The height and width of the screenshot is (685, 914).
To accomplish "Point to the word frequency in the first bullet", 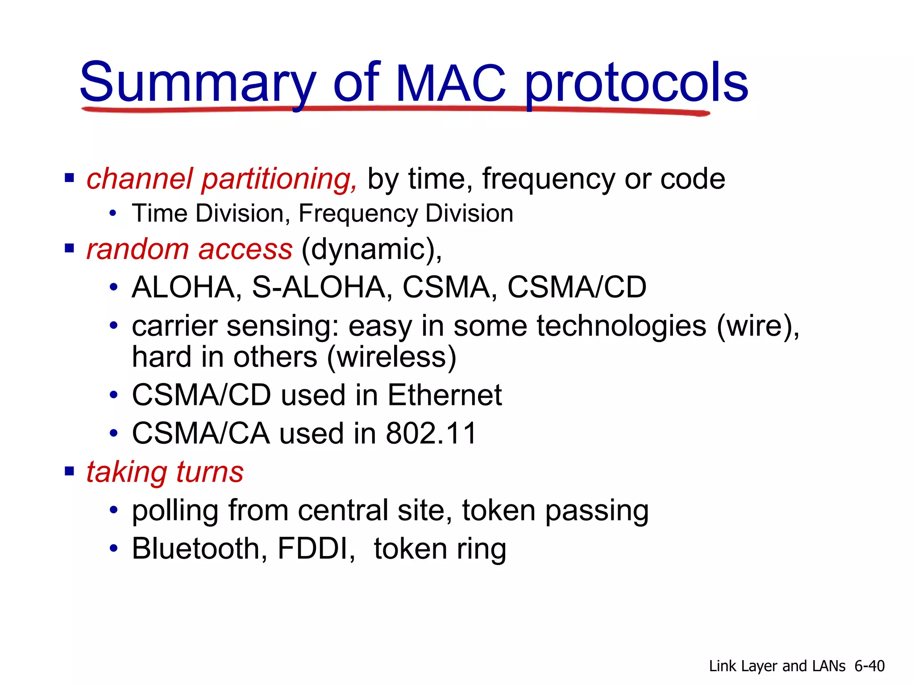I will click(548, 179).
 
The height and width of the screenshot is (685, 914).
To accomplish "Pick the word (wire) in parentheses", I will click(757, 326).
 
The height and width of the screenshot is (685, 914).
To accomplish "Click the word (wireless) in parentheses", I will click(391, 357).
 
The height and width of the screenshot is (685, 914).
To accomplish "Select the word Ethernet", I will click(445, 395).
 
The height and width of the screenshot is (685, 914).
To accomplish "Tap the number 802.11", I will click(431, 433).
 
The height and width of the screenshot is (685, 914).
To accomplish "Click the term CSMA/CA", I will click(201, 433).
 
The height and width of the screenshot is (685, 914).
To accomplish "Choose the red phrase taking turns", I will click(165, 472).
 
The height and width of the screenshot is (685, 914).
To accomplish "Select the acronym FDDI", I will click(315, 549).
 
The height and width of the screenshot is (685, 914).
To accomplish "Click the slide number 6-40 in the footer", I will click(869, 666).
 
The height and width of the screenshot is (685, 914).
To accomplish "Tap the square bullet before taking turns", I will click(69, 471).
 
